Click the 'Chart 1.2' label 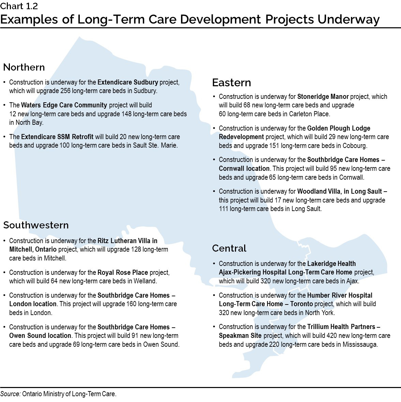coord(19,6)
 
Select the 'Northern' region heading coord(24,67)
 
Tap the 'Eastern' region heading coord(231,83)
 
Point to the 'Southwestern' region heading coord(36,225)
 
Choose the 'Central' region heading coord(229,248)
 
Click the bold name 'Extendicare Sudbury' coord(128,82)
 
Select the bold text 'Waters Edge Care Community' coord(64,105)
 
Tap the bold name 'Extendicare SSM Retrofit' coord(57,137)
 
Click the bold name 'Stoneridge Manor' coord(323,96)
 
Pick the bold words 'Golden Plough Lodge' coord(339,128)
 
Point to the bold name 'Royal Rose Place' coord(123,272)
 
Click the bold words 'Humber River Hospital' coord(340,295)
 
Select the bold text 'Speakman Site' coord(240,336)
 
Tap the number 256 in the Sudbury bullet coord(65,91)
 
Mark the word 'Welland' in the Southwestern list coord(145,281)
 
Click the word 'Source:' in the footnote coord(10,394)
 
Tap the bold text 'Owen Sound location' coord(40,336)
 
